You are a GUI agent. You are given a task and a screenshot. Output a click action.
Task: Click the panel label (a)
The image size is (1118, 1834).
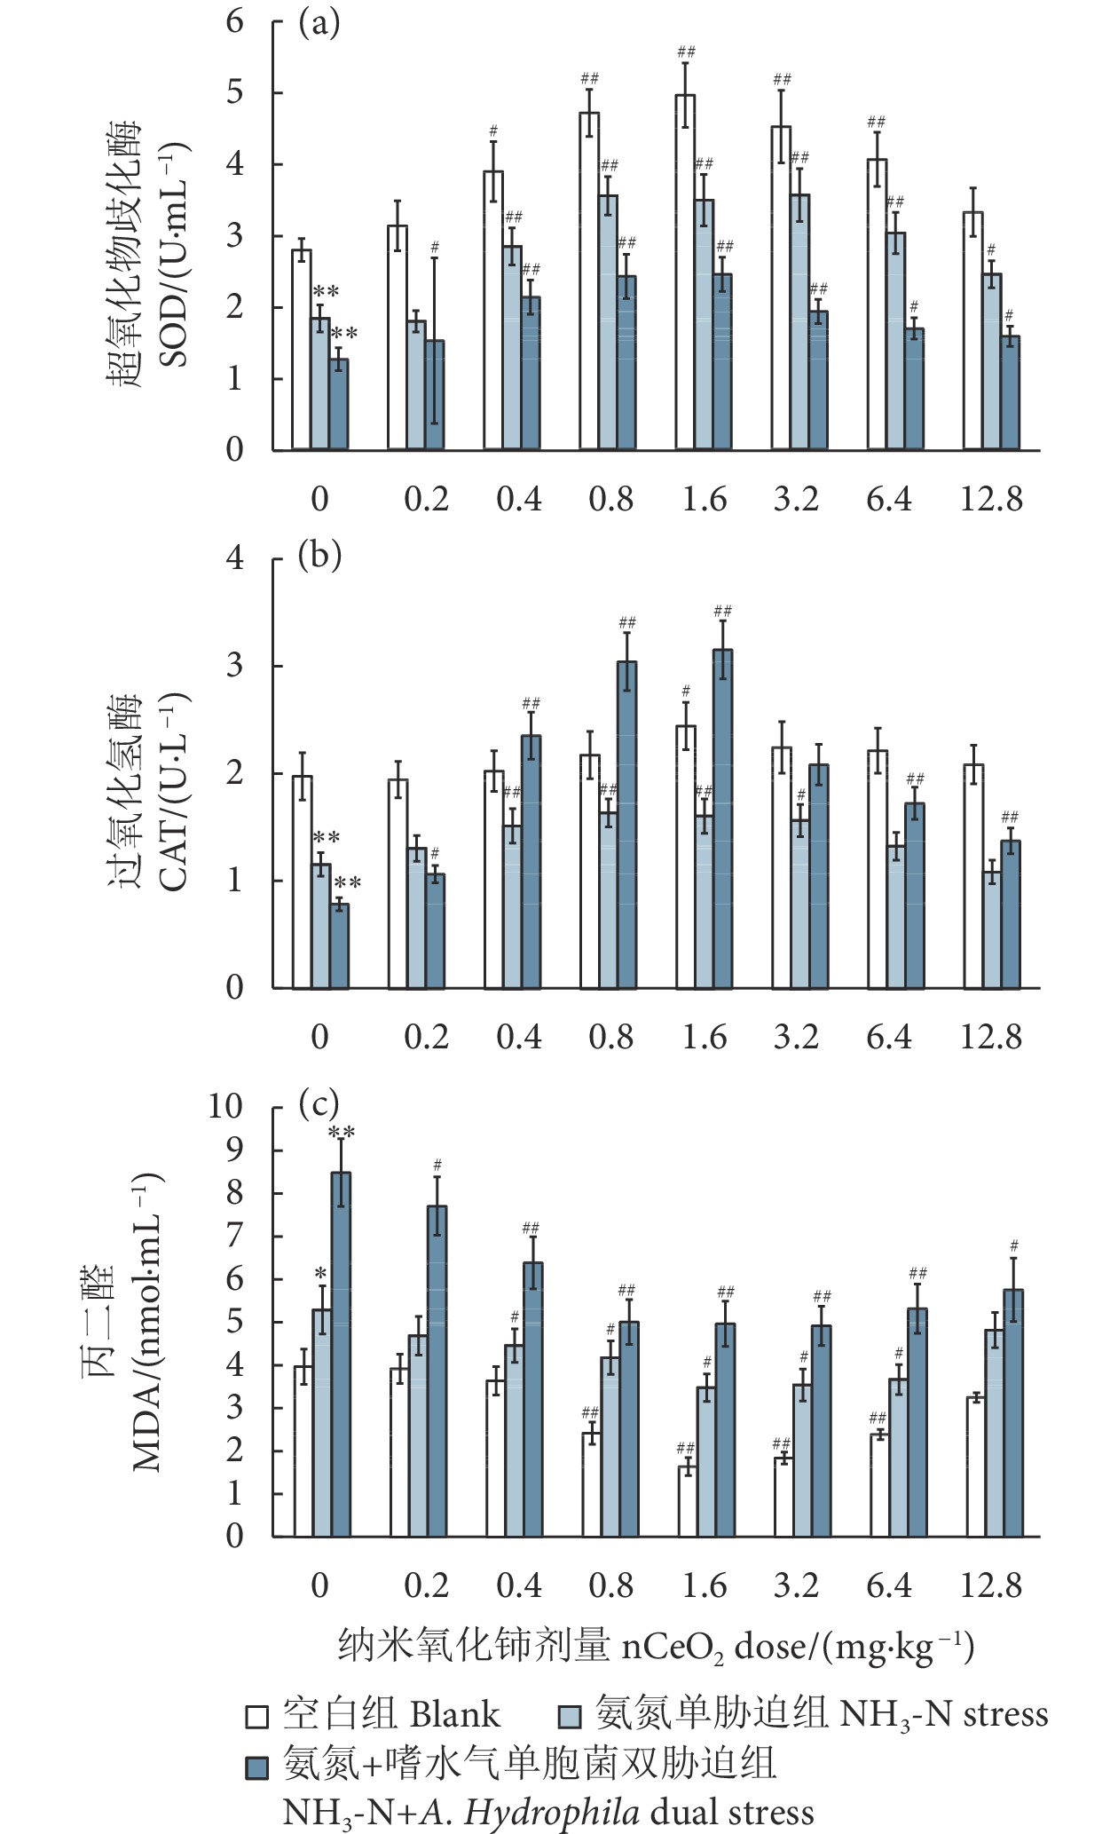[319, 24]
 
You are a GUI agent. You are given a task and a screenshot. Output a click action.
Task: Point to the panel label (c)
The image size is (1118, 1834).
[319, 1104]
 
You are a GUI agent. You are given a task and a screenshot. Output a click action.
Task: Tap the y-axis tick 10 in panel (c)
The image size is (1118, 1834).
[225, 1106]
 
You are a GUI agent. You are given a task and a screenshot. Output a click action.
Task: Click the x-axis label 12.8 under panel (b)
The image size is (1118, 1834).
[991, 1037]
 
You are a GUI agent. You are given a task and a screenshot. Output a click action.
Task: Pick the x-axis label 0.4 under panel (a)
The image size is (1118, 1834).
[519, 499]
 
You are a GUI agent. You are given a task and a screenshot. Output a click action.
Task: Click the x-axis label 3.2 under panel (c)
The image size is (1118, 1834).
[796, 1585]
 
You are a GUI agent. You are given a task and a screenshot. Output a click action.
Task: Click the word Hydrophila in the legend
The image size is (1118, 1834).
[551, 1812]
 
